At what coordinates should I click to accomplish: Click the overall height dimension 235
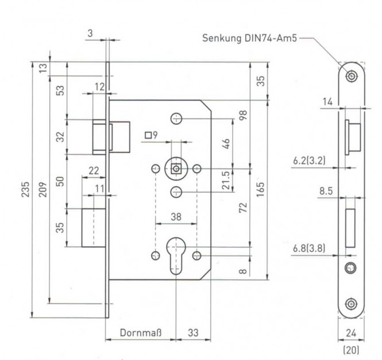tap(26, 189)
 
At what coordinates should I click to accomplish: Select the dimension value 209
tap(43, 189)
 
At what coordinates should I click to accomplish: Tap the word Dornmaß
tap(141, 332)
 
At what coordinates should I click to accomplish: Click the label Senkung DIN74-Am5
tap(250, 38)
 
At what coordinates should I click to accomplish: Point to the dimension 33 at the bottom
tap(193, 332)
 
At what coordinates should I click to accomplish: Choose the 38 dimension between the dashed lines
tap(176, 217)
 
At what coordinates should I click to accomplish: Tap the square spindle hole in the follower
tap(176, 168)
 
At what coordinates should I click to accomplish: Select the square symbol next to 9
tap(148, 135)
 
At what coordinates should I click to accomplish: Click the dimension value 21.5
tap(226, 180)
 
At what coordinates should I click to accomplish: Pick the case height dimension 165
tap(260, 189)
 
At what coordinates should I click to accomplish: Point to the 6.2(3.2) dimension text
tap(309, 160)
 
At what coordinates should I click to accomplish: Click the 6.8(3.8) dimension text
tap(309, 248)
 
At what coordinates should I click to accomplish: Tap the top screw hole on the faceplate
tap(352, 76)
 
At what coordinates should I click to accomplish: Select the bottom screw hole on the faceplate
tap(352, 304)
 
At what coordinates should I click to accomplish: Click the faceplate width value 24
tap(351, 333)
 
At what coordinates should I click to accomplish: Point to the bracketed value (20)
tap(351, 350)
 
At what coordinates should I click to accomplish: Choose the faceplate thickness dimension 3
tap(90, 33)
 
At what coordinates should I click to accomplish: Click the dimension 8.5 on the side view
tap(326, 191)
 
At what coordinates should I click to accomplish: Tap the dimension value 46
tap(226, 144)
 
